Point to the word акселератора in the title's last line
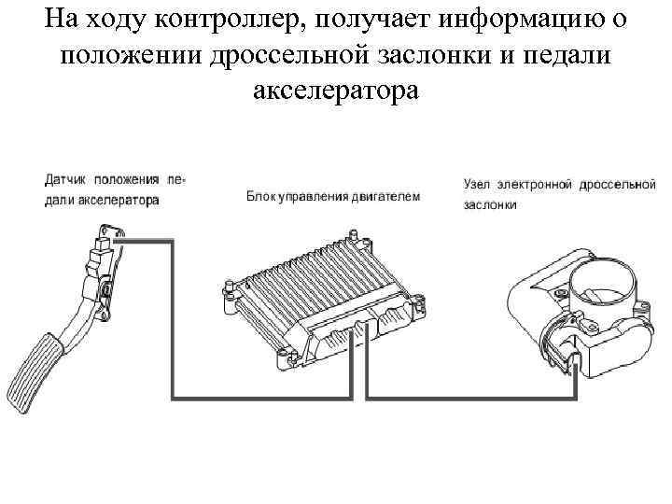336,91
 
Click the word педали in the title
569,55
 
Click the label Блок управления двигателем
333,197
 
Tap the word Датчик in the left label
65,178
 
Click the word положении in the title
127,55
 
